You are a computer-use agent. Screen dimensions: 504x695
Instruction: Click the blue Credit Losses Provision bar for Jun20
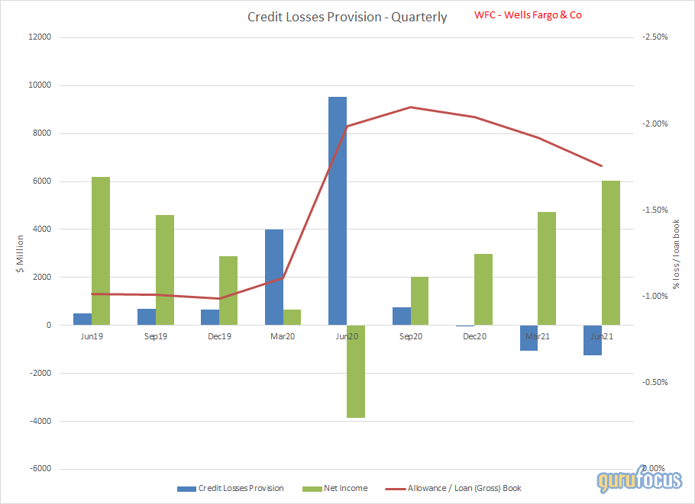click(x=338, y=210)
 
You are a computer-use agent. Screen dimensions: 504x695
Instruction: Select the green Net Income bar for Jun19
click(x=101, y=251)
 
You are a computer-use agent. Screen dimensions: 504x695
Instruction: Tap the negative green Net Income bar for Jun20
click(x=356, y=371)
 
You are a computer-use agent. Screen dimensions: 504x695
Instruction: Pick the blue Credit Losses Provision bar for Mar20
click(x=274, y=277)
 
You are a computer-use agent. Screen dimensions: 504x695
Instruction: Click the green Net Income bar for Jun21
click(x=611, y=252)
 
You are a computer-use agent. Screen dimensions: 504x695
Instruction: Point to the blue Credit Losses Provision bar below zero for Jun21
click(x=593, y=340)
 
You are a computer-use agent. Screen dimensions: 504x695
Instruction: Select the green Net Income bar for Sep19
click(x=165, y=270)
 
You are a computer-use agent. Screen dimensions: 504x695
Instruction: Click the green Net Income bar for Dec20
click(x=483, y=289)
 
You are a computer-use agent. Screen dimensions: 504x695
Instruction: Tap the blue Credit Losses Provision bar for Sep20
click(x=401, y=316)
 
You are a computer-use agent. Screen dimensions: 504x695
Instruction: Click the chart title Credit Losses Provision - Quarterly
click(x=347, y=17)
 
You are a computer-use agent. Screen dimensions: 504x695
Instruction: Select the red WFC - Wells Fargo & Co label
click(x=528, y=14)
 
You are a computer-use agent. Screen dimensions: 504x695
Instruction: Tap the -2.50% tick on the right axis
click(x=656, y=37)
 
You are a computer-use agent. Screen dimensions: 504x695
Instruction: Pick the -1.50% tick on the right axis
click(x=656, y=210)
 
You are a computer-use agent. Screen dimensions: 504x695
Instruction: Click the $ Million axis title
click(x=21, y=252)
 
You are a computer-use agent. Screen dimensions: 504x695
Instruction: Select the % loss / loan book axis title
click(x=677, y=254)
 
